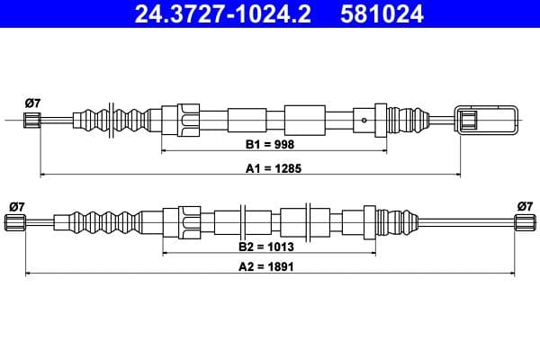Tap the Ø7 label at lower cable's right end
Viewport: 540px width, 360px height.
525,206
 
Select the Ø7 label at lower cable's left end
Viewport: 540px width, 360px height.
16,206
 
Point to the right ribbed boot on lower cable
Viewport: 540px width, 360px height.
397,220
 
